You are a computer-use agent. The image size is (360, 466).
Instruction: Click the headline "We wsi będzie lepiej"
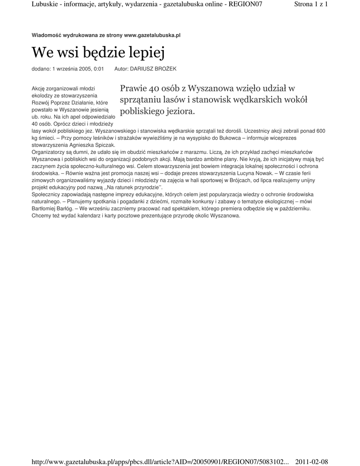(x=97, y=53)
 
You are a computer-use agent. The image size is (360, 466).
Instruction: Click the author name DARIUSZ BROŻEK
(x=153, y=69)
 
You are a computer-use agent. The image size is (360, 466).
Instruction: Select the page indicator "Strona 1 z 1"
(x=311, y=4)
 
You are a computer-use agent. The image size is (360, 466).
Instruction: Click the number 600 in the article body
(x=320, y=131)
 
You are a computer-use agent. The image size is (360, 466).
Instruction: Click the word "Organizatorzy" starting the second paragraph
(x=49, y=152)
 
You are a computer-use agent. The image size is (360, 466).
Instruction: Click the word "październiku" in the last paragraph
(x=294, y=208)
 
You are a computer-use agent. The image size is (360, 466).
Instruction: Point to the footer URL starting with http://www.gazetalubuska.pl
(x=160, y=462)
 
